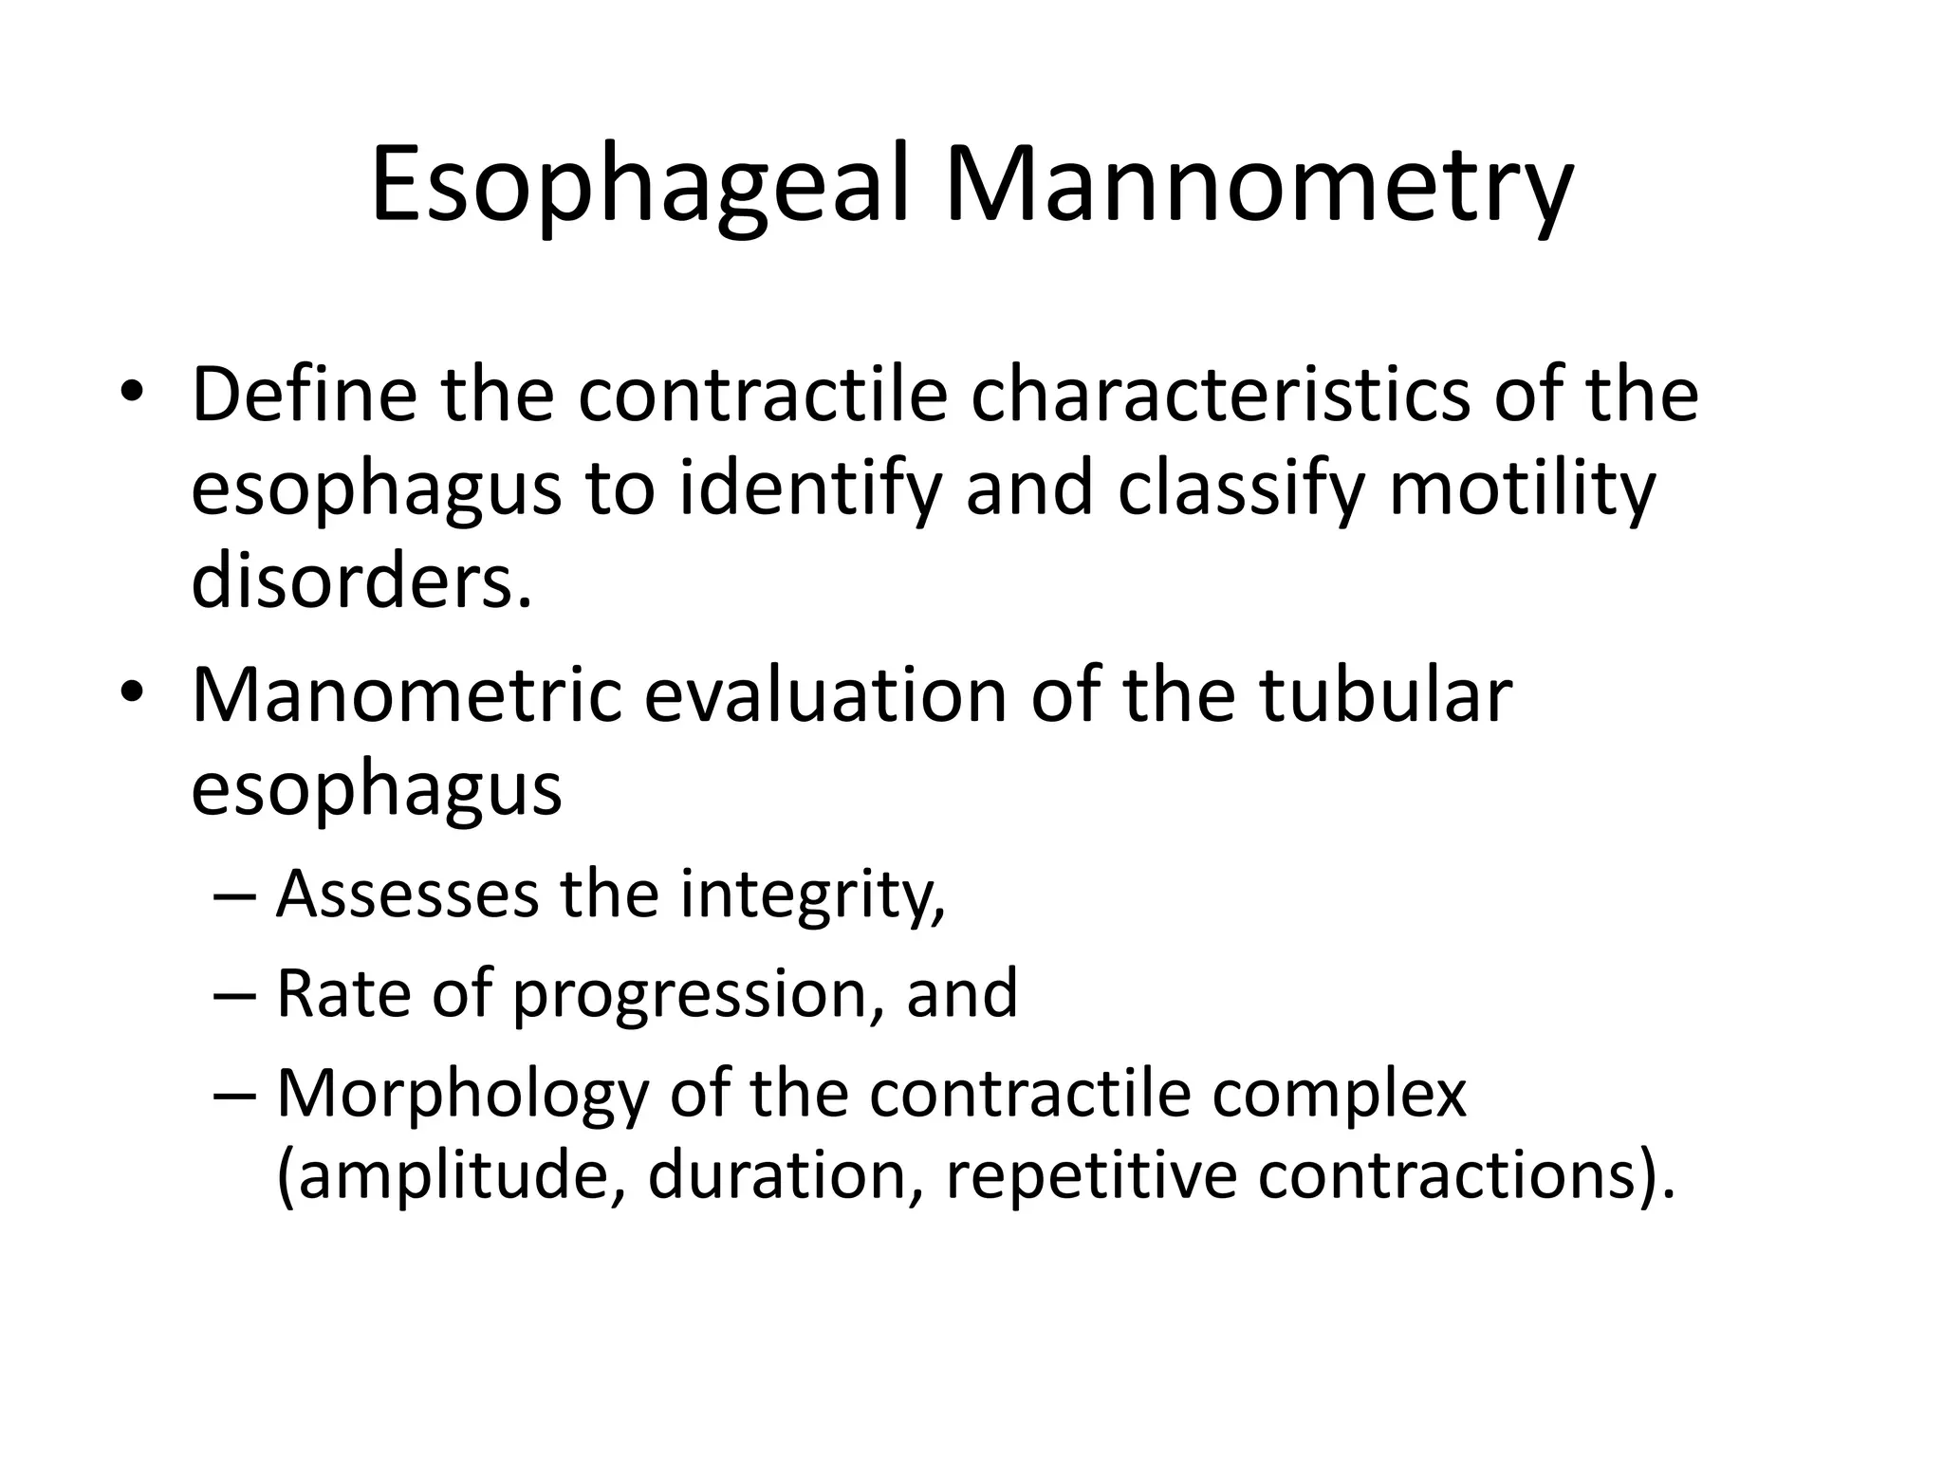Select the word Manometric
(406, 696)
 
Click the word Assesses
(407, 894)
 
